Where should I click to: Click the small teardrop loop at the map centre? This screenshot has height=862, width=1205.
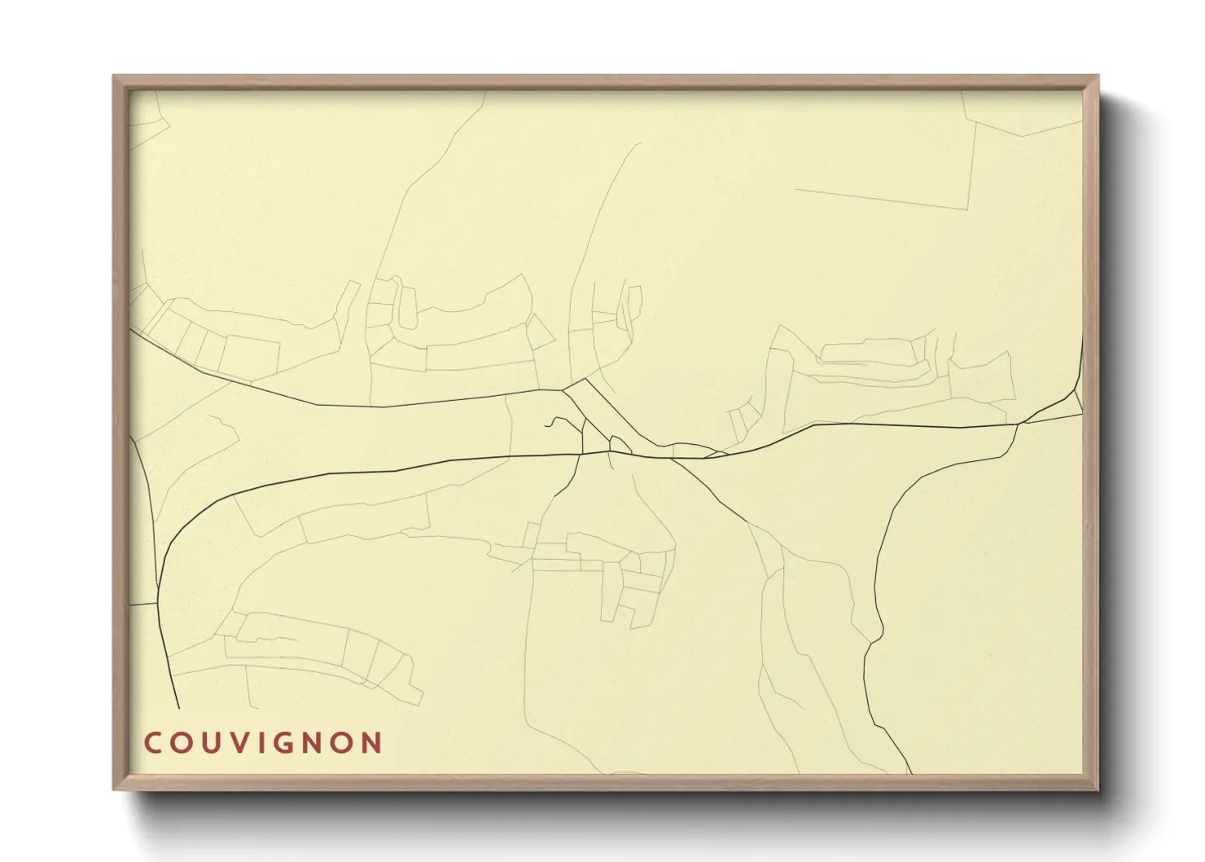click(x=620, y=444)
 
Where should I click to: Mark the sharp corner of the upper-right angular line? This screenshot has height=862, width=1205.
click(x=966, y=209)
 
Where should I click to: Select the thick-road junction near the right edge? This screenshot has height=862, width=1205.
click(x=1020, y=424)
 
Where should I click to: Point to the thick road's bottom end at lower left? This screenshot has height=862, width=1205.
click(x=177, y=707)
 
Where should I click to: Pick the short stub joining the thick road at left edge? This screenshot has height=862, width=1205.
click(x=143, y=605)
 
